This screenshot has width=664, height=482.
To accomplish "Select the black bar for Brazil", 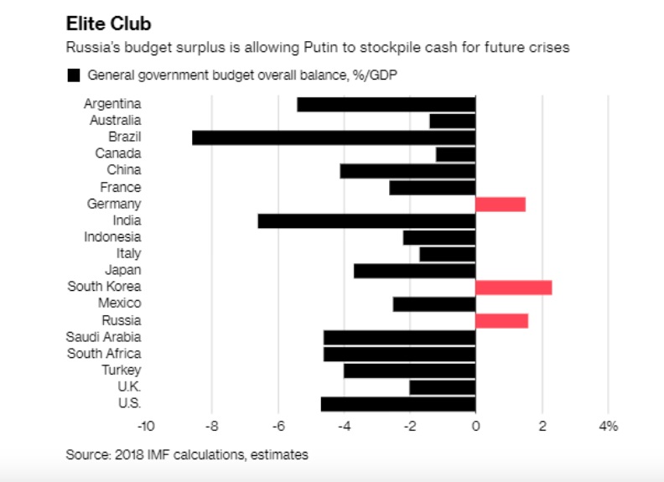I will tap(334, 137).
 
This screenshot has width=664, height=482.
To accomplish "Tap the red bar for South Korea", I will tap(513, 288).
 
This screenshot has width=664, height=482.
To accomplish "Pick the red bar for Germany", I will tap(500, 205).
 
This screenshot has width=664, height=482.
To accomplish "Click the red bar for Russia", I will tap(501, 320).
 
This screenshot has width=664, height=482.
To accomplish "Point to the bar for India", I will tap(366, 221).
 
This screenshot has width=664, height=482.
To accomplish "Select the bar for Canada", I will tap(455, 154).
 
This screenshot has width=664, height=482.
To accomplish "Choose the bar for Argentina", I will tap(386, 105).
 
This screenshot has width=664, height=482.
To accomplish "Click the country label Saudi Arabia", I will tap(103, 337).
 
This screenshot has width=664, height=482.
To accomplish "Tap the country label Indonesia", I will tap(112, 237).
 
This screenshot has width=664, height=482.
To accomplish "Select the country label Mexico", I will tap(119, 303).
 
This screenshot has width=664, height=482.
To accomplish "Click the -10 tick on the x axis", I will tap(146, 427).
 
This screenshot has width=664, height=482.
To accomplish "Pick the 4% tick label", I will tap(609, 427).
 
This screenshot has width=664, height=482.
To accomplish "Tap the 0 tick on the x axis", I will tap(475, 427).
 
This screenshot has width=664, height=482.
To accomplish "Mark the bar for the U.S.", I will tap(398, 404).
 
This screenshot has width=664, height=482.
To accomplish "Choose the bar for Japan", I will tap(414, 271).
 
